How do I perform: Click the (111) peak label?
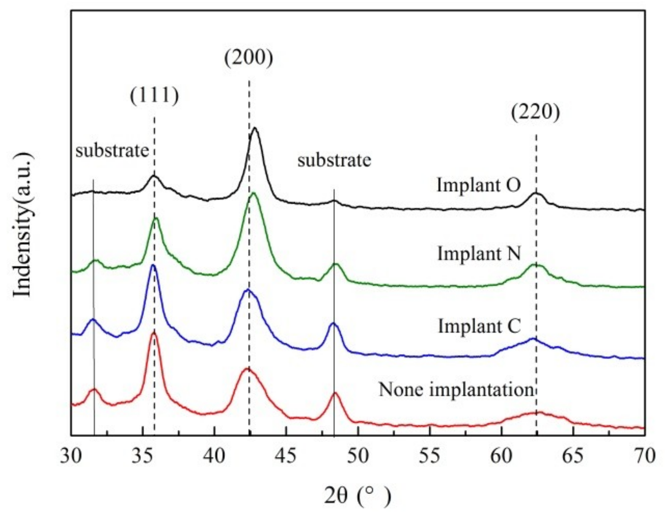click(x=154, y=95)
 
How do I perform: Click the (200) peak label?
click(x=249, y=58)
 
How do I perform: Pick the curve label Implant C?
click(x=479, y=326)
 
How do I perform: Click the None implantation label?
click(x=456, y=390)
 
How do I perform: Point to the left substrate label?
click(x=112, y=151)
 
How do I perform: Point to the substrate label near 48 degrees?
click(x=334, y=160)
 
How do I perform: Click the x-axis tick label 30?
click(x=71, y=456)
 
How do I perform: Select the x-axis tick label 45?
click(x=286, y=456)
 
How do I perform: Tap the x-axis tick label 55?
click(x=430, y=456)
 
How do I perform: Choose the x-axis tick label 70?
click(x=645, y=456)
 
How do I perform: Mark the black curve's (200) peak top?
click(x=255, y=128)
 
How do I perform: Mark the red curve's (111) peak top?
click(x=154, y=333)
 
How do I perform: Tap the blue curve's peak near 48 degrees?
click(x=333, y=323)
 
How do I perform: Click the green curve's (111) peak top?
click(x=155, y=218)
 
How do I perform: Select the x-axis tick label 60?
click(x=501, y=456)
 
